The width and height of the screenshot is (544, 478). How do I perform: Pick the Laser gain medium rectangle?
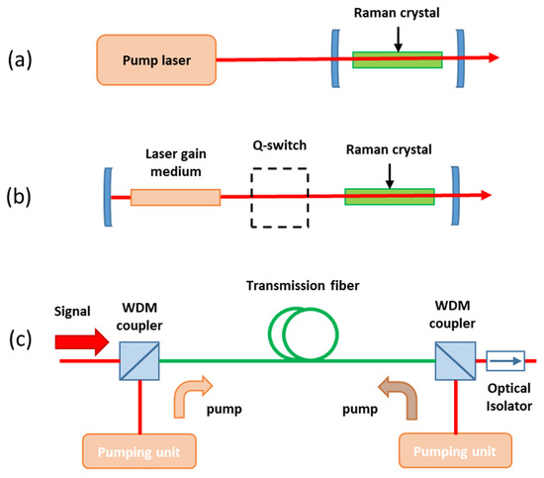(175, 196)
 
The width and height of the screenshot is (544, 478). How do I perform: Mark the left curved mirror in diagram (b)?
(106, 196)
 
